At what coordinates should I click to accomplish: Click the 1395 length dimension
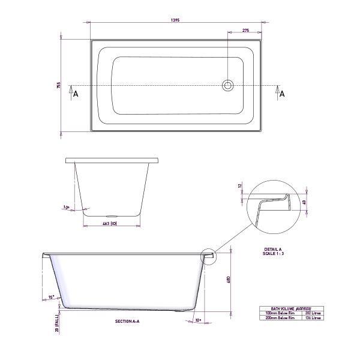tap(176, 20)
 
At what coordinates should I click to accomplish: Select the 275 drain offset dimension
tap(245, 30)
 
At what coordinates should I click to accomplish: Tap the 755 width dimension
tap(59, 85)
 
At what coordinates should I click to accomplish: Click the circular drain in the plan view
tap(228, 85)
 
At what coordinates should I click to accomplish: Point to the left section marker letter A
tap(76, 94)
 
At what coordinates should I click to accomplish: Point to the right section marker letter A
tap(281, 94)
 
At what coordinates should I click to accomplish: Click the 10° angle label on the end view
tap(66, 208)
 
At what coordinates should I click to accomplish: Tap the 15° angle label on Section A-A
tap(52, 296)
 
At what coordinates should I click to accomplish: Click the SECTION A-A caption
tap(127, 322)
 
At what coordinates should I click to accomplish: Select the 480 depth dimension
tap(229, 280)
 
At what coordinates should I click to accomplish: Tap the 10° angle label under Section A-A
tap(199, 320)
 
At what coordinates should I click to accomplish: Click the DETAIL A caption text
tap(273, 249)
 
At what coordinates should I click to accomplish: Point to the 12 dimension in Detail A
tap(240, 186)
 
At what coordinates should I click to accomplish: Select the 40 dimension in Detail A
tap(305, 202)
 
